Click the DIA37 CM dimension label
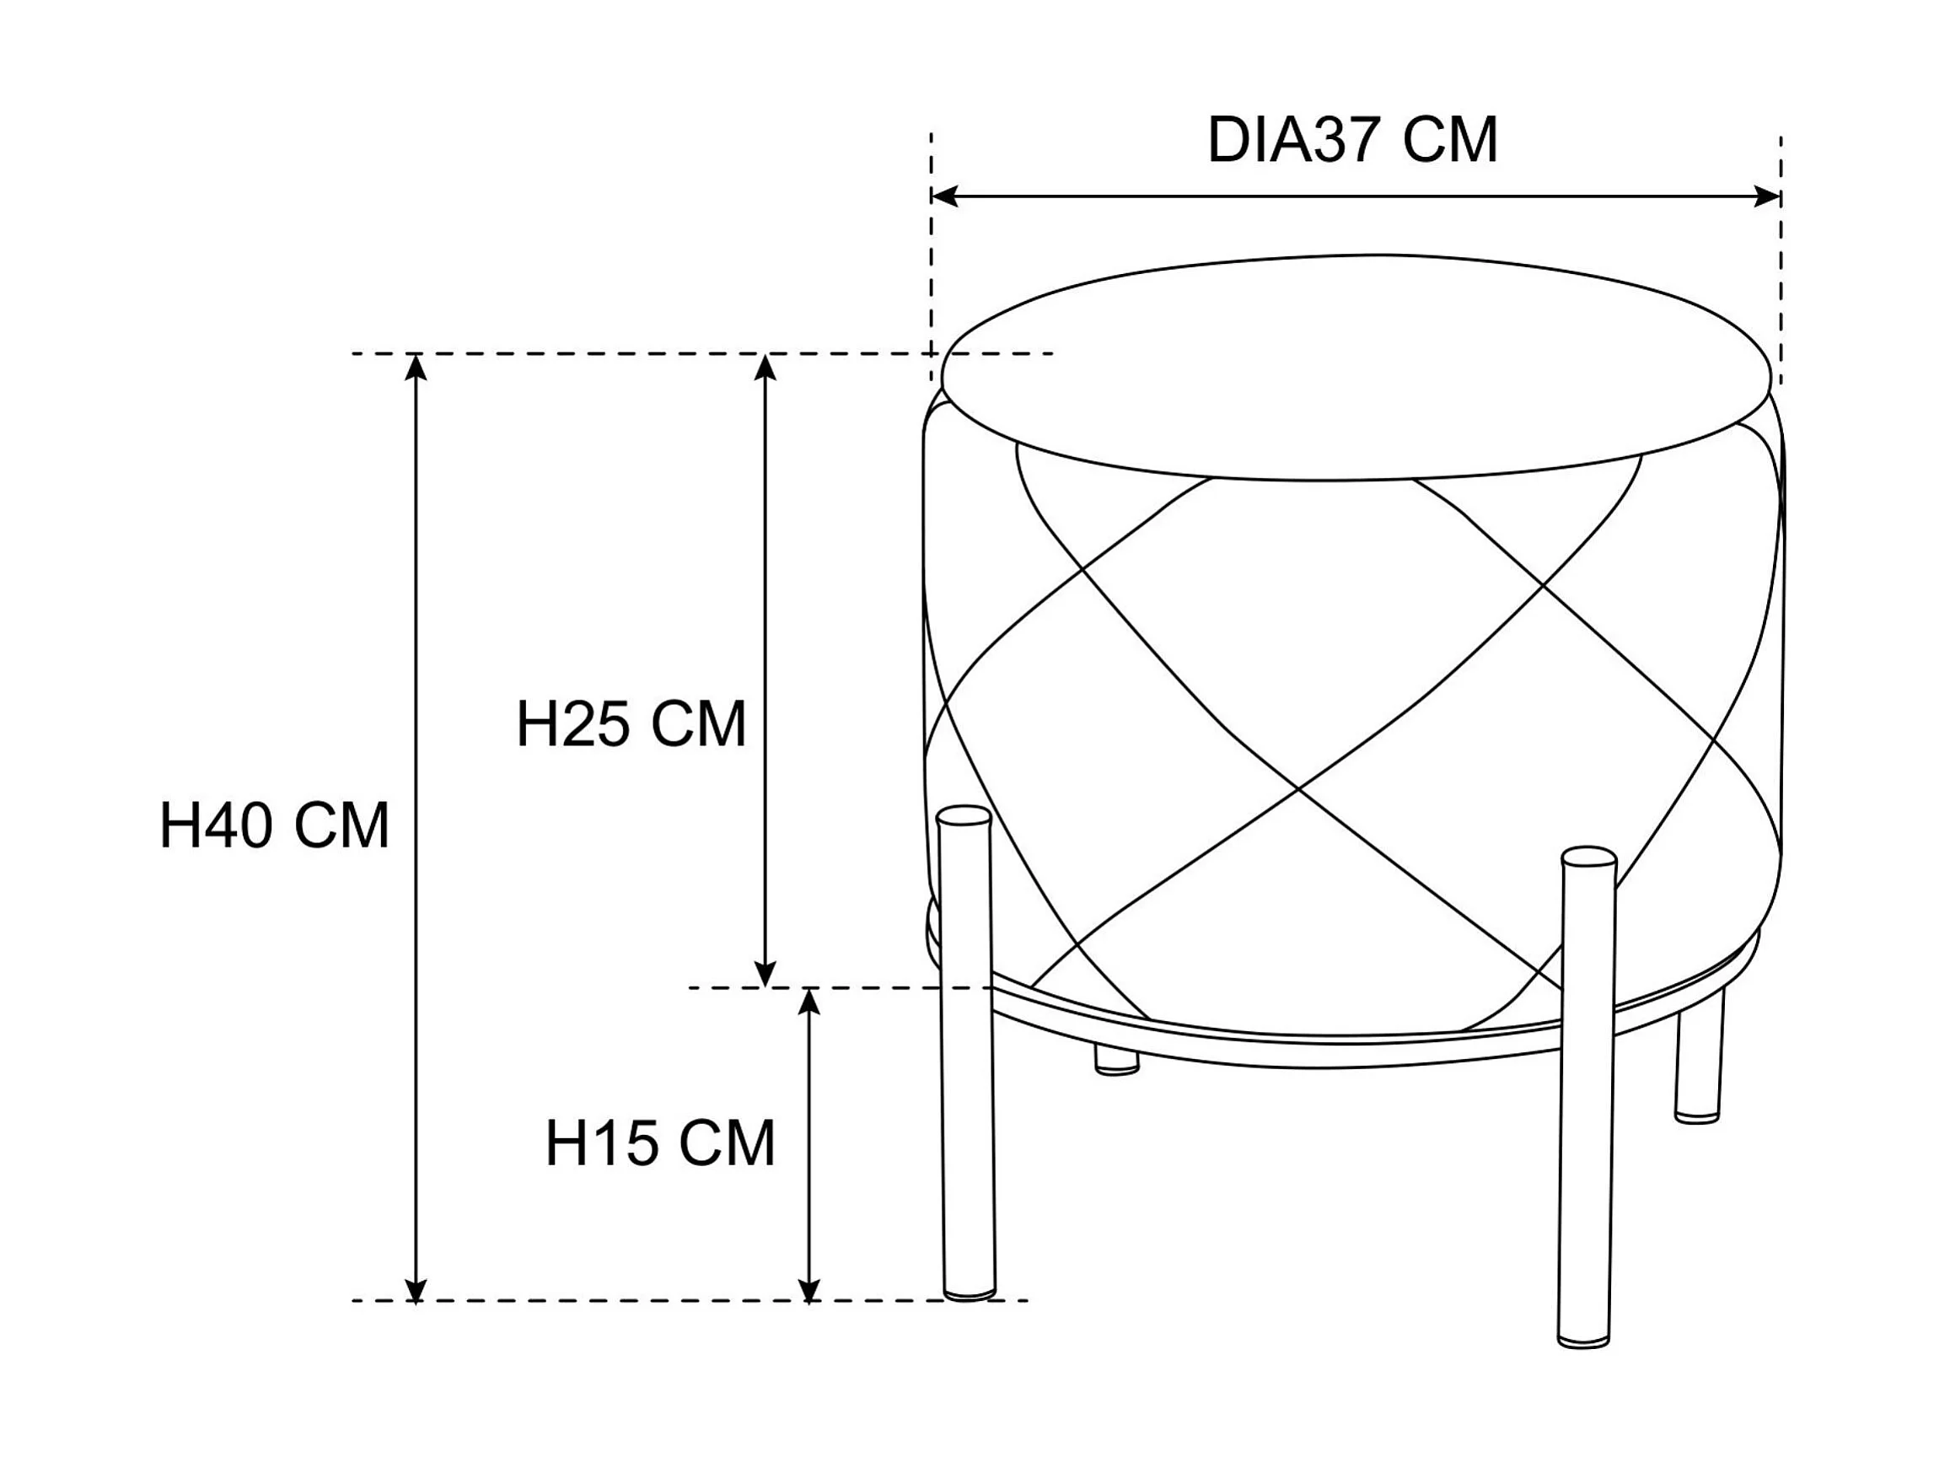coord(1351,140)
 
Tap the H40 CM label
coord(274,826)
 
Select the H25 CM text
coord(631,725)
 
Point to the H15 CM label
coord(660,1143)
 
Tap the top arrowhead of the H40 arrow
coord(416,366)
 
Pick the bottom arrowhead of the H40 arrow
coord(416,1289)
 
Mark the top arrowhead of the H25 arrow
coord(765,366)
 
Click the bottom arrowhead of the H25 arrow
coord(765,976)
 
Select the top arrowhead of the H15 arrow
coord(809,1001)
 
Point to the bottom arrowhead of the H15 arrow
coord(809,1289)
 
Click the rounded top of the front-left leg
coord(964,815)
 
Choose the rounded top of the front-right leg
coord(1588,857)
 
